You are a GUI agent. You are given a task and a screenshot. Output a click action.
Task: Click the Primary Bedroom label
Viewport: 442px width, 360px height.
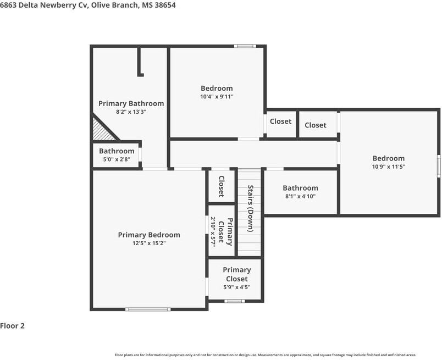click(149, 235)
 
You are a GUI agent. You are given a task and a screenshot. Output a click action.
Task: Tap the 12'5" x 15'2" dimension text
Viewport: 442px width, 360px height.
click(149, 243)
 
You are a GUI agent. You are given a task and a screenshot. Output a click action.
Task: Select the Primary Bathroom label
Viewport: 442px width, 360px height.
click(131, 103)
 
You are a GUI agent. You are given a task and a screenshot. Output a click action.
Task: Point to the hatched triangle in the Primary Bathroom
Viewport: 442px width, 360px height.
click(103, 130)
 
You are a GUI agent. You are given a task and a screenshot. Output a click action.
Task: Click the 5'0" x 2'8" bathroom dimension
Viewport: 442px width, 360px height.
click(117, 159)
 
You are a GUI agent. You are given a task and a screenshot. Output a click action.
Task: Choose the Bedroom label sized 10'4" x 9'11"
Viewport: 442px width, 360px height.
click(217, 88)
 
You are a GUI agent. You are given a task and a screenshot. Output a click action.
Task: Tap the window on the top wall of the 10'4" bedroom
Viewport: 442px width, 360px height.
click(245, 46)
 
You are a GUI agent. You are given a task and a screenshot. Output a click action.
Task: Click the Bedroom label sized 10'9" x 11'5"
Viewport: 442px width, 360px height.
click(389, 158)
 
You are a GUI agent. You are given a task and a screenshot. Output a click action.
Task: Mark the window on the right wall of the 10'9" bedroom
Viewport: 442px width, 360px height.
click(439, 166)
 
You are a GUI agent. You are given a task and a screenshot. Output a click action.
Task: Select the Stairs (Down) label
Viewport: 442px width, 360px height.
click(250, 208)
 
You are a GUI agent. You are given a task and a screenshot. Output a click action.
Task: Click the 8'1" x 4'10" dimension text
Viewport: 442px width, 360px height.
click(301, 196)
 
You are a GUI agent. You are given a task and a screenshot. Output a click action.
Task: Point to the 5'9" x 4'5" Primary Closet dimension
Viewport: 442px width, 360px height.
click(237, 287)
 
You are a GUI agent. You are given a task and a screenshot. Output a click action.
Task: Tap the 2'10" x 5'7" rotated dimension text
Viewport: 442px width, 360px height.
click(213, 232)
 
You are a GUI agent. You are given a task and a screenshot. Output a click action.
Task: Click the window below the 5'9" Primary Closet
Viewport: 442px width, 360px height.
click(235, 301)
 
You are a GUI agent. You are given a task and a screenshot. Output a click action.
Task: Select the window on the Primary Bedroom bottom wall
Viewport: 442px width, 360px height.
click(148, 309)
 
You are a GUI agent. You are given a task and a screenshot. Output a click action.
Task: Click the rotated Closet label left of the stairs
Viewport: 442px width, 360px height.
click(222, 186)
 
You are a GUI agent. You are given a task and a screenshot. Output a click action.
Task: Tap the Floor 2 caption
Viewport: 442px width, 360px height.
click(13, 326)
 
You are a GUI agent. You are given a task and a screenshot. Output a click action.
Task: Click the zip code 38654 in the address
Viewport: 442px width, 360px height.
click(165, 5)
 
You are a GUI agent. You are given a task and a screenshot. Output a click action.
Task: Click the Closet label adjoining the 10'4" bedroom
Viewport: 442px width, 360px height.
click(280, 121)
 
